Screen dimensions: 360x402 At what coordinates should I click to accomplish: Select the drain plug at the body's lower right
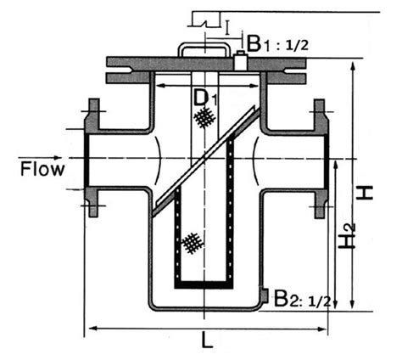coord(265,296)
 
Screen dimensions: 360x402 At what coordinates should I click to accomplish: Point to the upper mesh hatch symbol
coord(201,120)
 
